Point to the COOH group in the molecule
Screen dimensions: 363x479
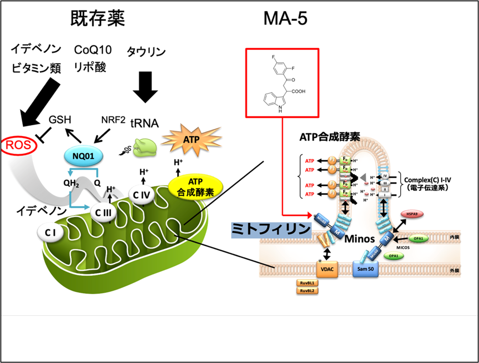coord(298,92)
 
